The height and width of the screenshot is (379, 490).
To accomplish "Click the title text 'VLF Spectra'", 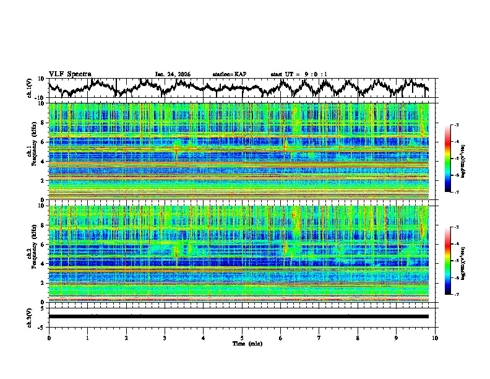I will [70, 74].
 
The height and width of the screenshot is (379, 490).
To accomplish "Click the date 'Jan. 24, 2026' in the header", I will [173, 74].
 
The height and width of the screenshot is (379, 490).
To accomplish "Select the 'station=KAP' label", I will [229, 74].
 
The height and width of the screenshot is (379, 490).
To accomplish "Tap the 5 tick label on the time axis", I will [242, 338].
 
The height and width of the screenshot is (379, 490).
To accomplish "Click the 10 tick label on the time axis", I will [435, 338].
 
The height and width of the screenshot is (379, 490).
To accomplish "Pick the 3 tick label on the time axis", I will [165, 338].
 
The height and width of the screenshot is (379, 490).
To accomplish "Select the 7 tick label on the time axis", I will [319, 338].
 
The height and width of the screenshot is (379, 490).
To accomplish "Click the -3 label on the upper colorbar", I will [456, 125].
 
